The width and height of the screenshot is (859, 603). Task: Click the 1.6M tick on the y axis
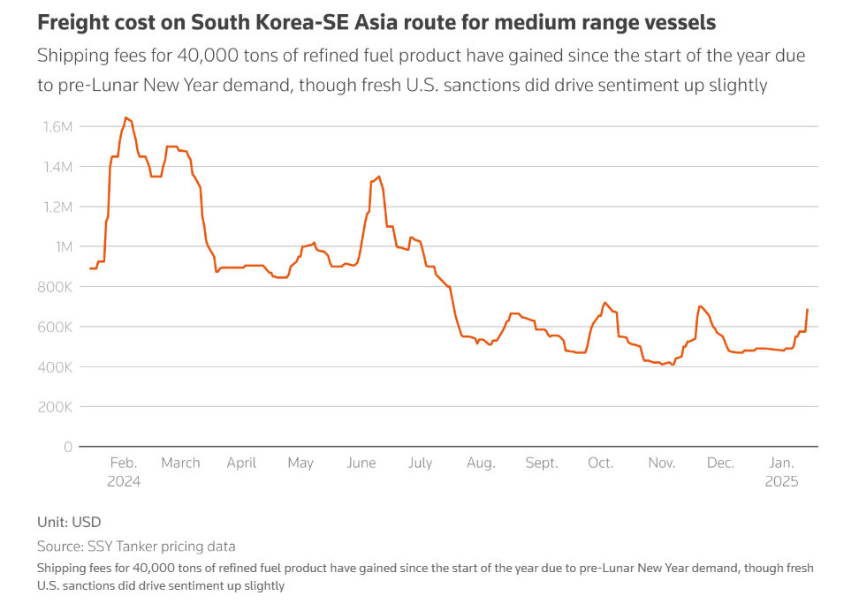(x=57, y=127)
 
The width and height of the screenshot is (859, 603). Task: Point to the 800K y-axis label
(x=55, y=287)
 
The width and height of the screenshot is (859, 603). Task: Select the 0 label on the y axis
(x=68, y=447)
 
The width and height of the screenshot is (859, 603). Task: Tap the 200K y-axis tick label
(x=55, y=407)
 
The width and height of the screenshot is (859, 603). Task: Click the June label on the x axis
(x=361, y=463)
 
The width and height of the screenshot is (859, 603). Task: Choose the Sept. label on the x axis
(x=541, y=463)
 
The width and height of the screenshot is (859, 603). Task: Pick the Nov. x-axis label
(x=661, y=463)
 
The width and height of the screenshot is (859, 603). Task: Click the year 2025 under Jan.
(x=781, y=481)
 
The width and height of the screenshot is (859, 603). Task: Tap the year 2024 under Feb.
(x=123, y=481)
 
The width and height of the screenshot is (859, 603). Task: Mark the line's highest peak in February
(x=126, y=117)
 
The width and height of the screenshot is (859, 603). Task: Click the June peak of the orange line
(x=379, y=177)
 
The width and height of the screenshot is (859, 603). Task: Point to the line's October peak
(x=604, y=303)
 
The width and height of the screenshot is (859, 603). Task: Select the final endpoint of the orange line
(x=808, y=310)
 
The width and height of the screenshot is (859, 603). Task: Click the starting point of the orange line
(x=90, y=268)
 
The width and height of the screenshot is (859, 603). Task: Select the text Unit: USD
(x=69, y=522)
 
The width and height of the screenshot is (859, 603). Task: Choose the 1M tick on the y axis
(x=64, y=247)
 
